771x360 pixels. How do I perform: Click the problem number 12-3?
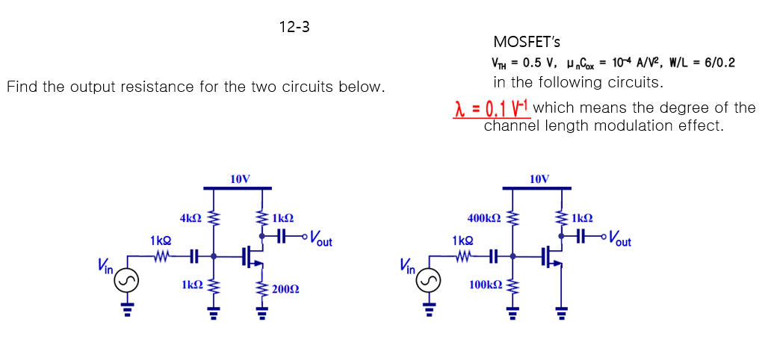(294, 28)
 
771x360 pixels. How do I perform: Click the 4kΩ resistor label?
(191, 218)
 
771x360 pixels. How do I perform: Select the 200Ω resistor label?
(284, 289)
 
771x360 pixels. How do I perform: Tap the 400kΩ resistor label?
(483, 218)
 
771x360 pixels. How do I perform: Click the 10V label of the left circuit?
(241, 179)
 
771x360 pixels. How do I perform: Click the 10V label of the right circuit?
(539, 179)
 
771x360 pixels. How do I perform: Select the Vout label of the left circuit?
(321, 240)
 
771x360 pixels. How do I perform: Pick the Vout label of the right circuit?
(619, 240)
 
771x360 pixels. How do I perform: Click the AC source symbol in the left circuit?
(128, 281)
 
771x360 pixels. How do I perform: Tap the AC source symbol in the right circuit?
(429, 281)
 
